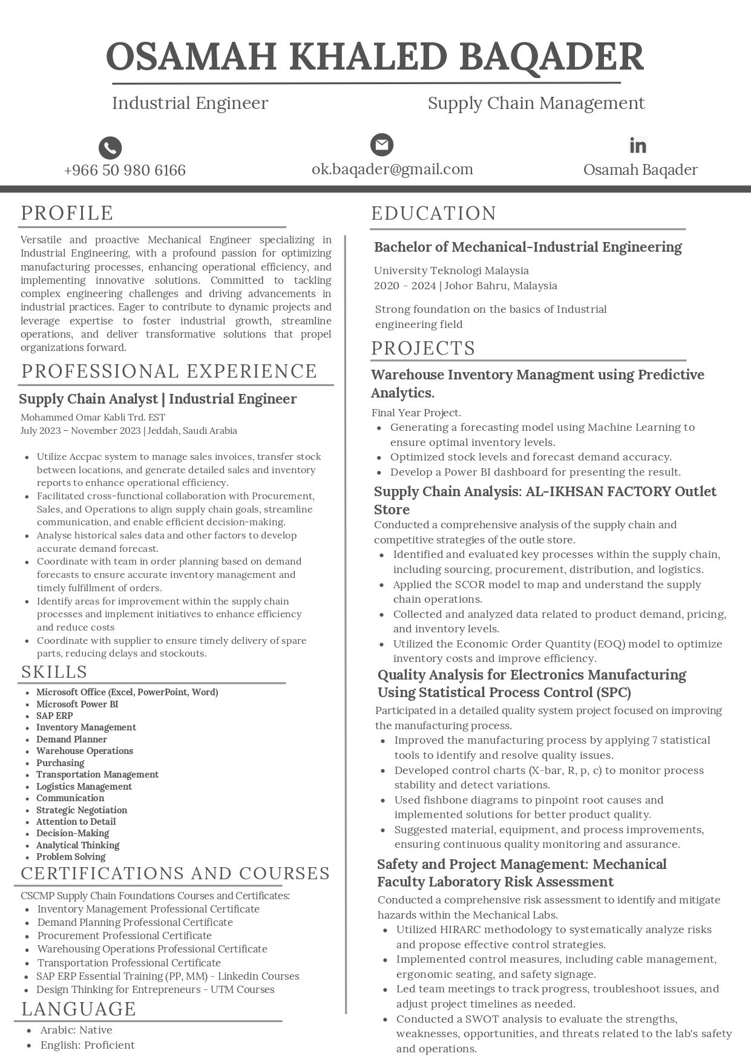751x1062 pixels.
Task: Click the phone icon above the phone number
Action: [x=110, y=148]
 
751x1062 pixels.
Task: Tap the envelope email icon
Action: [x=381, y=145]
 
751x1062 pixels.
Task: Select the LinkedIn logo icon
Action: [x=638, y=145]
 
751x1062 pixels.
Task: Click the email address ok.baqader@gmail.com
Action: [x=392, y=169]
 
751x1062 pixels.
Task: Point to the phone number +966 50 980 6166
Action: [x=125, y=171]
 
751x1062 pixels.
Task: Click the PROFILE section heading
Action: [x=67, y=213]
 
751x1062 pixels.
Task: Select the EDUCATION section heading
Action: [x=433, y=214]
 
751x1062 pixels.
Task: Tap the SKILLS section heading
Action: [x=54, y=672]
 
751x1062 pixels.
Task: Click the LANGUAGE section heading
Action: [x=79, y=1009]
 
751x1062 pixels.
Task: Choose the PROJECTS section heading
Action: [x=423, y=349]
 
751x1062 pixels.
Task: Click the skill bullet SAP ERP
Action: [x=54, y=716]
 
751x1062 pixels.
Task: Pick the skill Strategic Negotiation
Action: [x=82, y=810]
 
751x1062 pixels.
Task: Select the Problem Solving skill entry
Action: [x=71, y=857]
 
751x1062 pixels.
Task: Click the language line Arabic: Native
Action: [x=76, y=1030]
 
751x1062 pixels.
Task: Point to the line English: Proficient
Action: [x=88, y=1045]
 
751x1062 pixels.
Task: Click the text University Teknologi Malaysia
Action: [x=451, y=270]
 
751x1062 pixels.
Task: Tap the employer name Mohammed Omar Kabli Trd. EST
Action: [x=93, y=418]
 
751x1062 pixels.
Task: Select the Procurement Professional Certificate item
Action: [x=125, y=936]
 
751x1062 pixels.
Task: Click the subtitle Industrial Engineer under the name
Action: [x=190, y=103]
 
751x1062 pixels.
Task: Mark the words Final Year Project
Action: [x=416, y=413]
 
